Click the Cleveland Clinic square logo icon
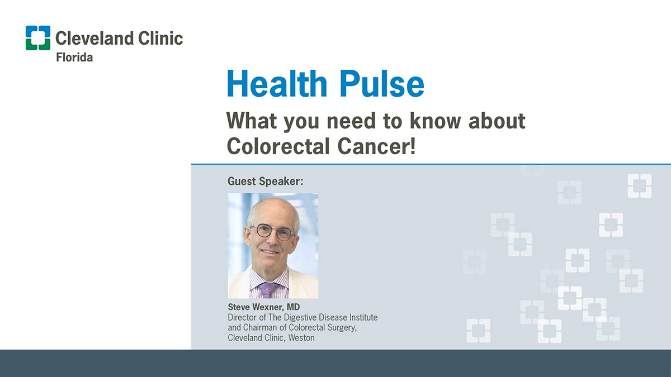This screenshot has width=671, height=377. pos(38,38)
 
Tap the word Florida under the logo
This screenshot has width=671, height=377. pos(74,57)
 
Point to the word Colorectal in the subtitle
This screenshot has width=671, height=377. pos(278,146)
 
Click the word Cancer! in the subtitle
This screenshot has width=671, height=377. pos(377,146)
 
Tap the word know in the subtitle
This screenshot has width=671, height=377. pos(435,121)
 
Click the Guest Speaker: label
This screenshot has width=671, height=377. pos(266,182)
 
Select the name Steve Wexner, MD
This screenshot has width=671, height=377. pos(263,307)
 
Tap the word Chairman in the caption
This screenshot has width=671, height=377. pos(260,328)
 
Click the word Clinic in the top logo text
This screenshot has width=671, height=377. pos(160,39)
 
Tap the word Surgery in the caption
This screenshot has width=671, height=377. pos(342,328)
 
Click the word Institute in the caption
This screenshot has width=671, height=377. pos(363,317)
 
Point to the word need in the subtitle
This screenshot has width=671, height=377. pos(351,121)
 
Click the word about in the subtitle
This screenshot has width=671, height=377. pos(497,121)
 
